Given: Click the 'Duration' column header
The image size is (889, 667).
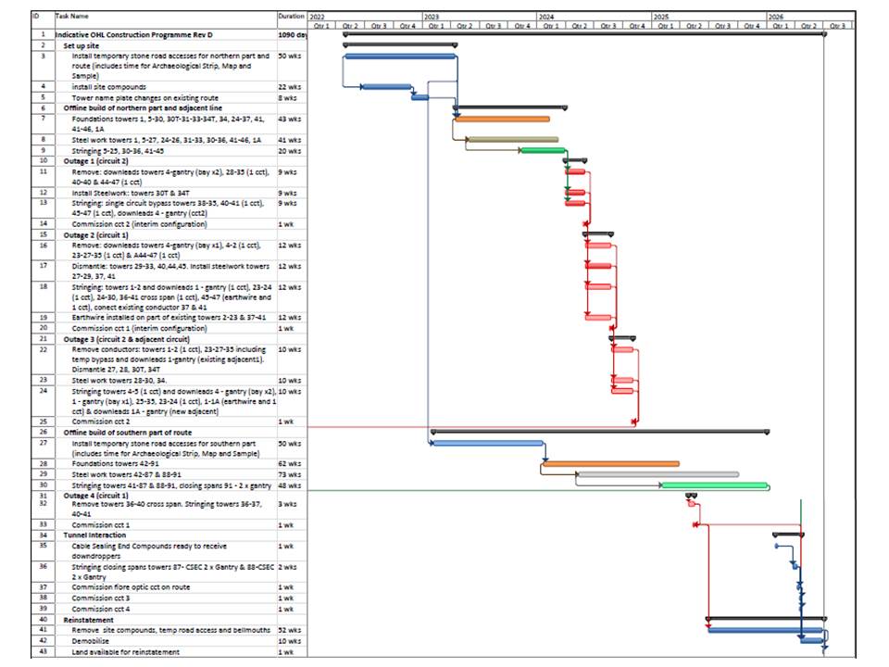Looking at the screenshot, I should point(291,16).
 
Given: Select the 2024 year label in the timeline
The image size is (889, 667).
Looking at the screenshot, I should point(547,17).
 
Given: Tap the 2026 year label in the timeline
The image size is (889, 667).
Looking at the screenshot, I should point(776,17).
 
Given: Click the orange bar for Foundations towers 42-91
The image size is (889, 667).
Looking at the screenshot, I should point(611,463).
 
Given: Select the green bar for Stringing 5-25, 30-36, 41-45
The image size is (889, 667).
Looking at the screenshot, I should point(544,150).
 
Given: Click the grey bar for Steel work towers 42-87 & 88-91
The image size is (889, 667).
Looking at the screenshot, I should point(657,474).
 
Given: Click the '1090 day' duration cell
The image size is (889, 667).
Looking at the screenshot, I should point(292,34).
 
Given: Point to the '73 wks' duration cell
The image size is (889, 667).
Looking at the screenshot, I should point(290,474).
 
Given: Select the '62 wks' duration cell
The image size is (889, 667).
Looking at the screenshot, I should point(290,463).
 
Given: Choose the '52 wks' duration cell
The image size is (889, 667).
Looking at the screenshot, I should point(290,630).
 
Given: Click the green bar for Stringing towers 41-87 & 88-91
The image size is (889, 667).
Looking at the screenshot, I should point(715,485).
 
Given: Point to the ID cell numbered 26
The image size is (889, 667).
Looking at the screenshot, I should point(42,432).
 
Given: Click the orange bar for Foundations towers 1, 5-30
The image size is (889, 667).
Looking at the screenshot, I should point(501,119).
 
